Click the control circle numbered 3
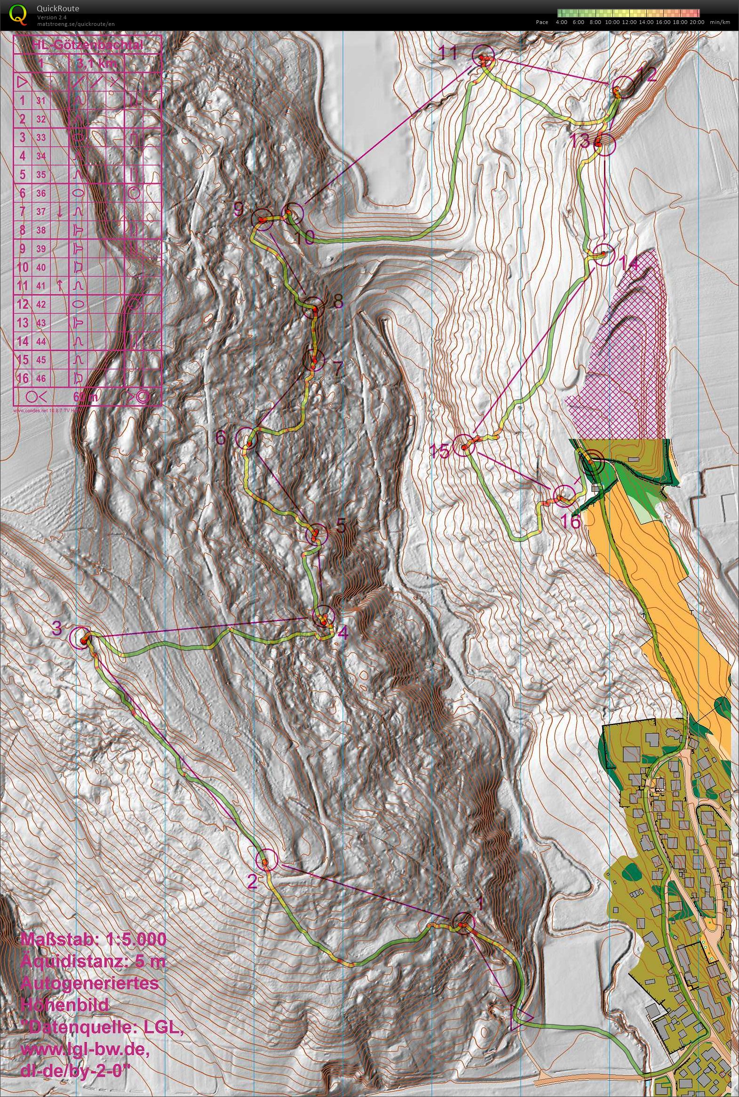pos(79,638)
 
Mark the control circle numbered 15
pos(464,445)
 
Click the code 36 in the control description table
pos(41,193)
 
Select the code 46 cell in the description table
pos(41,378)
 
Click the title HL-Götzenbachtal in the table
pos(87,45)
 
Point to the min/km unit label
pos(723,22)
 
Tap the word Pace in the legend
pos(542,22)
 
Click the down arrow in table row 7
pos(60,212)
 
